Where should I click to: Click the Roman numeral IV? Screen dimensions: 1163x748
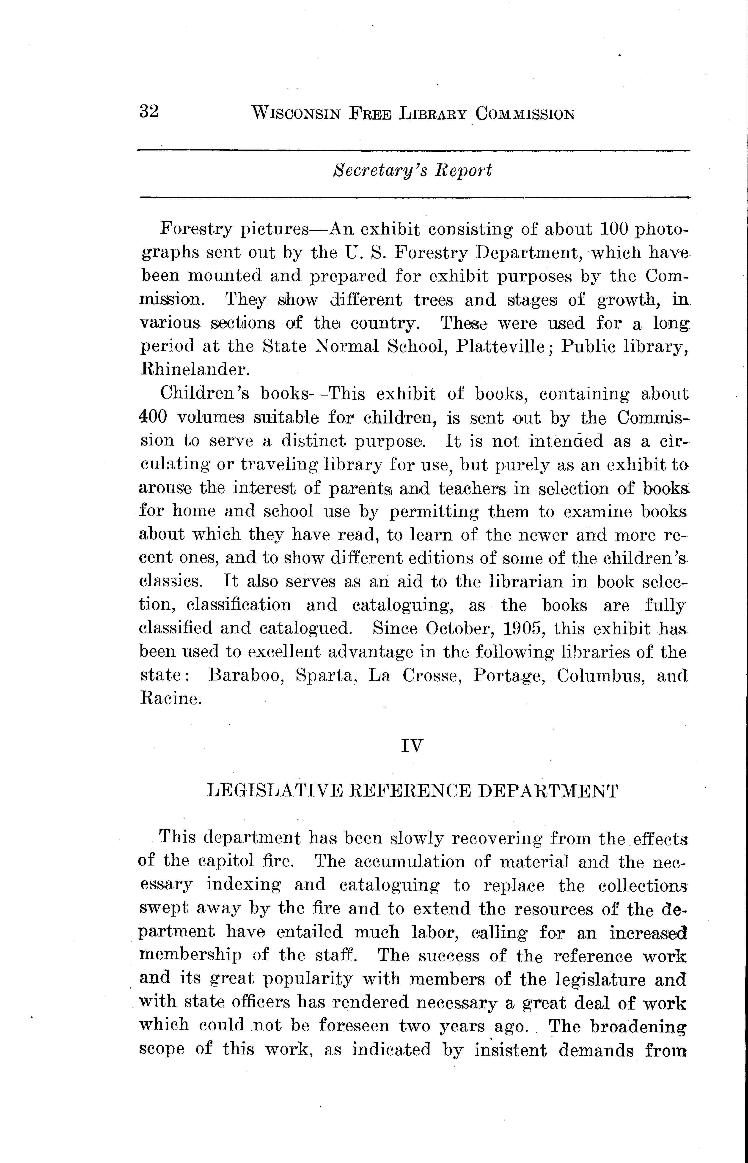click(x=412, y=745)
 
